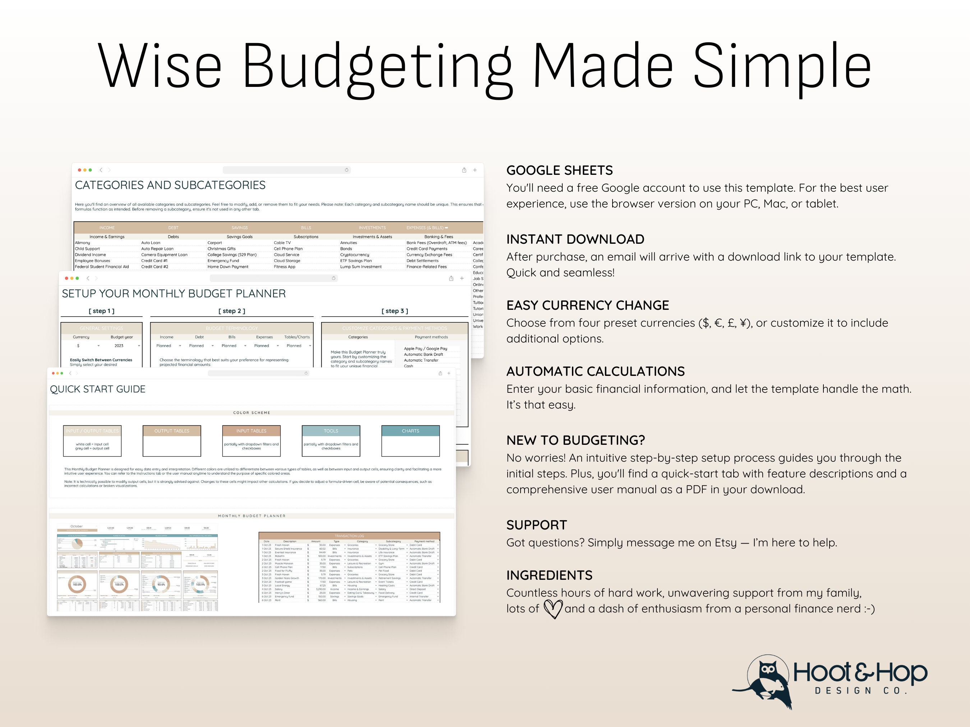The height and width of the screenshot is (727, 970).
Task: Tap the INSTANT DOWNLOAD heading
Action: coord(575,239)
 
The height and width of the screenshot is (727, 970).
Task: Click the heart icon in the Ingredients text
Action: coord(553,609)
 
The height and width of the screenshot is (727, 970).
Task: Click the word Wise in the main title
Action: coord(159,66)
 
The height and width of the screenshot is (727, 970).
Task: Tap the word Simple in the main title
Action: coord(781,66)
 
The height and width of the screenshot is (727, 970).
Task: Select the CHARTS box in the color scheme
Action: coord(410,431)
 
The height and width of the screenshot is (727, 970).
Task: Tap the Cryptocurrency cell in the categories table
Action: coord(354,255)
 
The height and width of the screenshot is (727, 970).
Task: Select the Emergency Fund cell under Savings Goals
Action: coord(223,261)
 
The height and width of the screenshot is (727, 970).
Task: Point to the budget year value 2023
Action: coord(119,346)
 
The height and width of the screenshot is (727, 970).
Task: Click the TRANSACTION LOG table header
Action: coord(349,536)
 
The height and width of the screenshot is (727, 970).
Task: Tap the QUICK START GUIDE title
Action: coord(97,389)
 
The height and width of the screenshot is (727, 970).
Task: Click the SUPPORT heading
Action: coord(536,525)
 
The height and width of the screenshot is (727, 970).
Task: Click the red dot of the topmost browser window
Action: coord(79,170)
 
